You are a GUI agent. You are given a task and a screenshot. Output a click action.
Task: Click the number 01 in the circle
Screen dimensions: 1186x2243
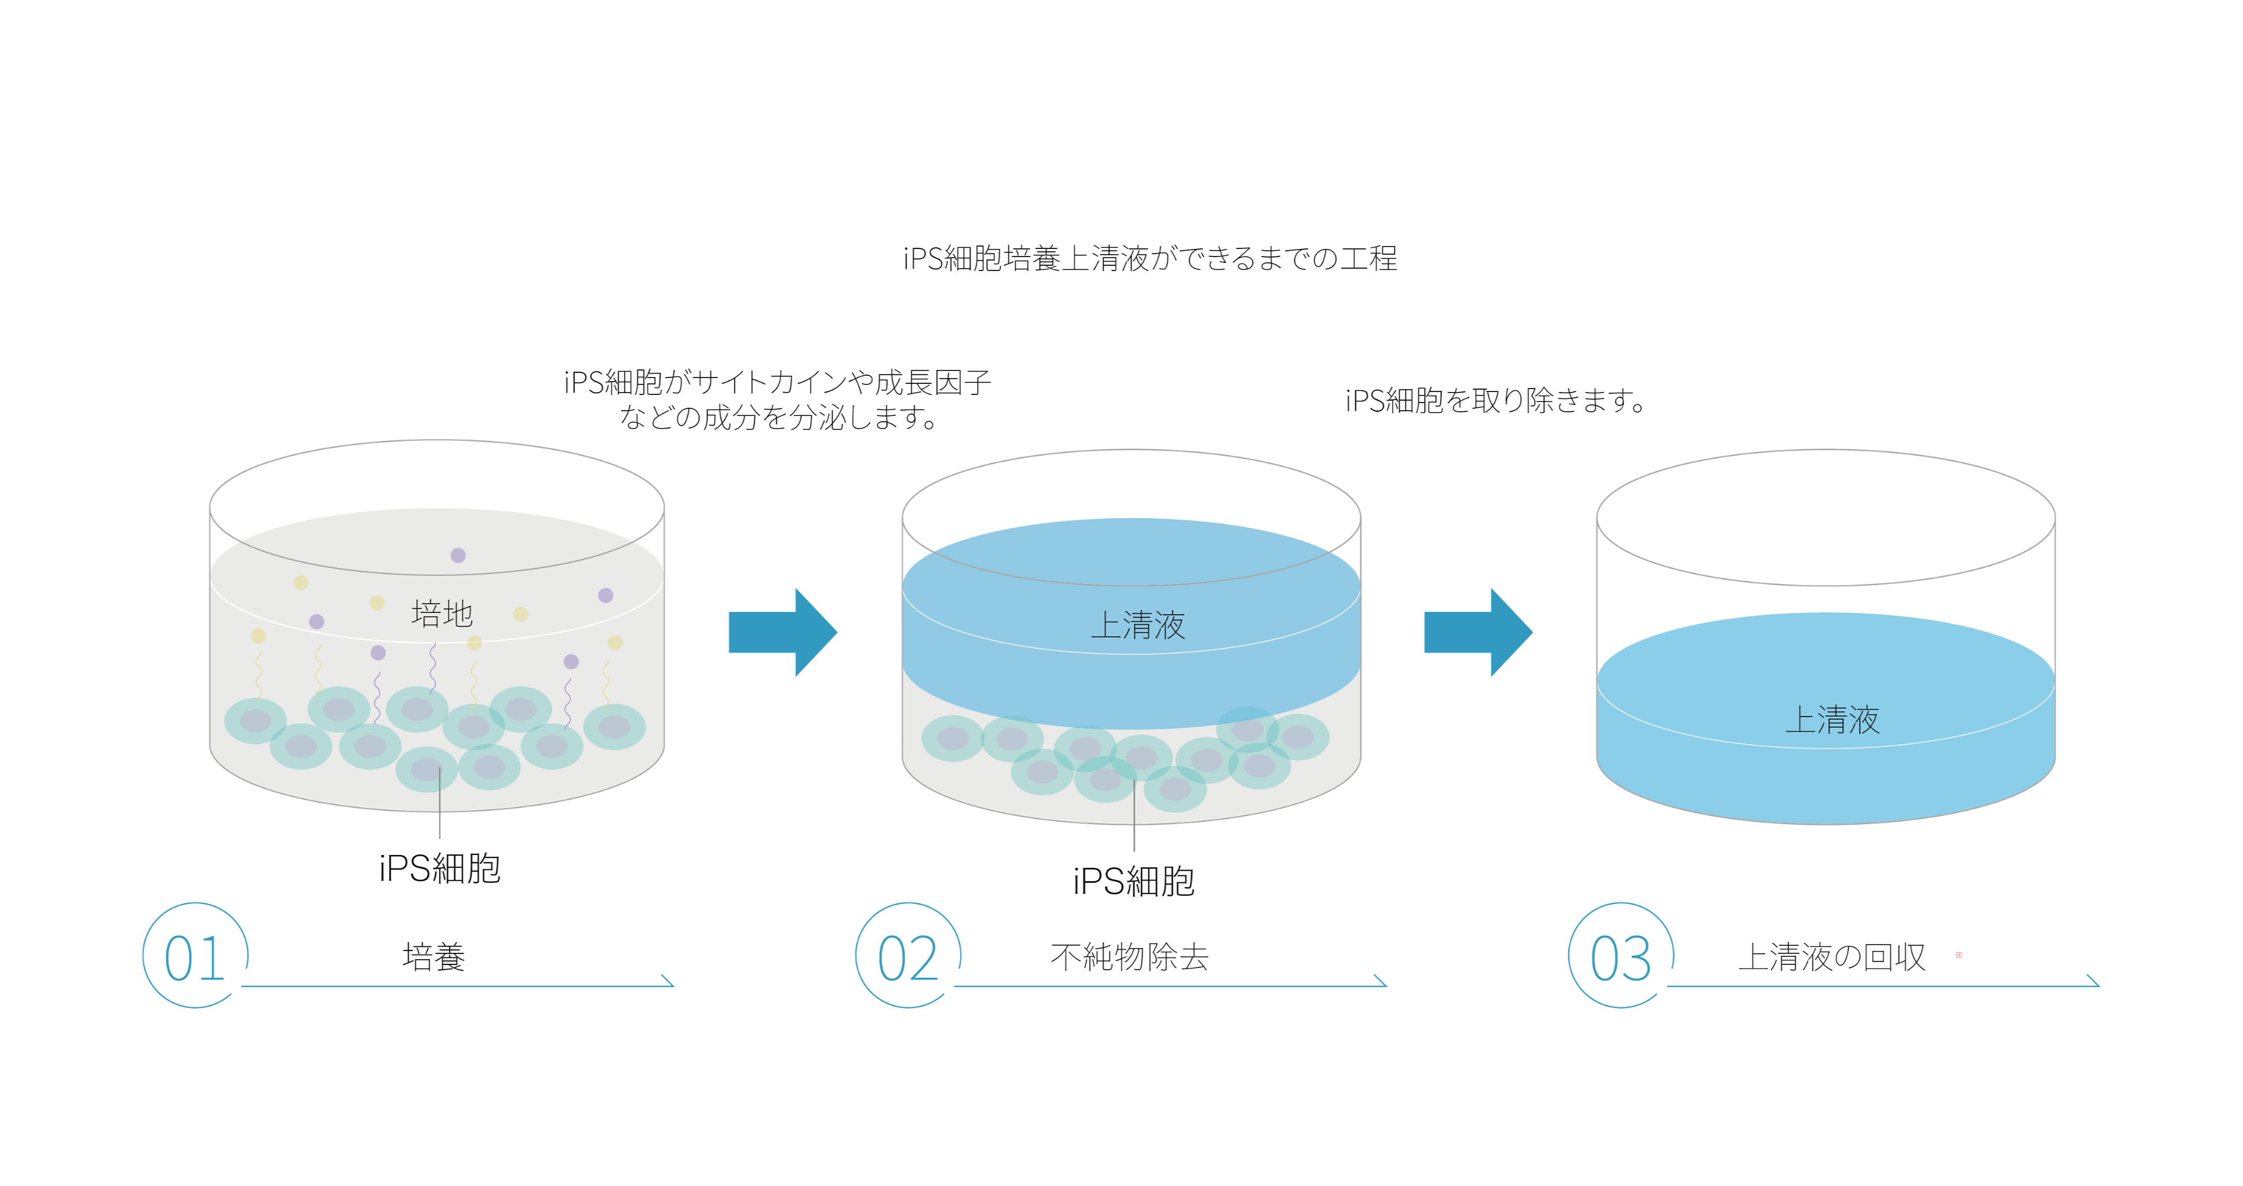click(195, 958)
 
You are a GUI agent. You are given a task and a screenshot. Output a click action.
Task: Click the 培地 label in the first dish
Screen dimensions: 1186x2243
click(441, 614)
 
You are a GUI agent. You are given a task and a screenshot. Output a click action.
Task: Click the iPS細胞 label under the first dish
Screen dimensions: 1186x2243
click(440, 869)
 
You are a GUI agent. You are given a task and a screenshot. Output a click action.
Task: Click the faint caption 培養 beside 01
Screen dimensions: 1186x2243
click(434, 956)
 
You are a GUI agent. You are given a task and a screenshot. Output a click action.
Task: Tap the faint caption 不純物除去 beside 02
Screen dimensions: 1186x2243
click(1130, 957)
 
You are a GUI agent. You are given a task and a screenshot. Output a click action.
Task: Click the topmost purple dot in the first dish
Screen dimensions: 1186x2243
click(458, 555)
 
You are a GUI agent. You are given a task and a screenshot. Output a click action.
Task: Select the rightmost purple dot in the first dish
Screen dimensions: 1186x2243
click(606, 596)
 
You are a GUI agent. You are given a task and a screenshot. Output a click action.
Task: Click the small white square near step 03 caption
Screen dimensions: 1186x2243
click(1959, 955)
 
